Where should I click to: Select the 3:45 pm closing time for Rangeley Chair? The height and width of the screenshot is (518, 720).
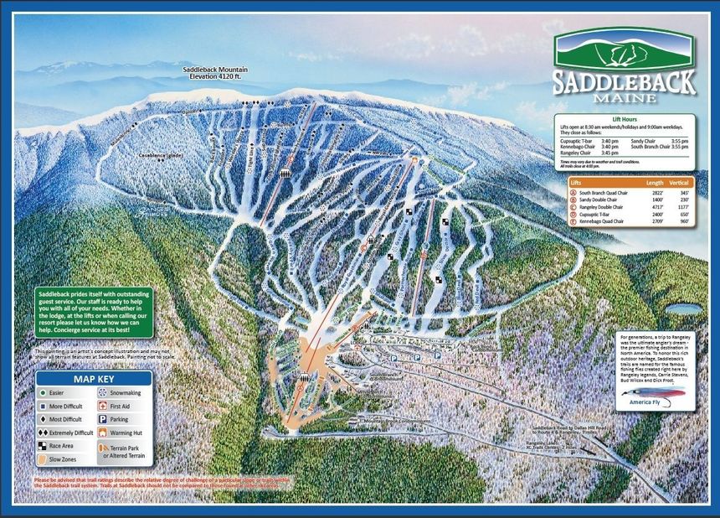pos(609,153)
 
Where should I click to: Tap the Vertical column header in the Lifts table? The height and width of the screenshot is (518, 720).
pos(679,181)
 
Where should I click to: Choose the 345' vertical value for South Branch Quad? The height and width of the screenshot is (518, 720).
pos(683,191)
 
